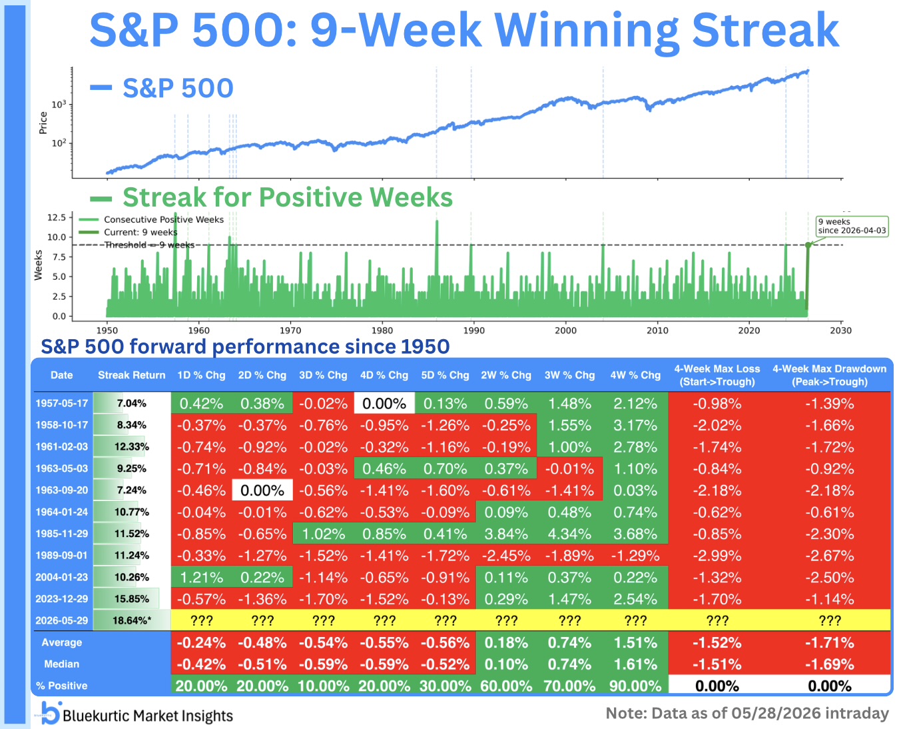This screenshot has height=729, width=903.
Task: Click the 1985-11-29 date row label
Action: [62, 534]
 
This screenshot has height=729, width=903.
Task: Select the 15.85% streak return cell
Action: [131, 599]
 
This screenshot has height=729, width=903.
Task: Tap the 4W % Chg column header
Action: [635, 375]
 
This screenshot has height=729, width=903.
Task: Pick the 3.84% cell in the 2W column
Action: [506, 534]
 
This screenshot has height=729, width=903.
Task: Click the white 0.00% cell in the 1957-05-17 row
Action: [384, 404]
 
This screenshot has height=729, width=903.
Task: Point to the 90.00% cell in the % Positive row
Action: [635, 686]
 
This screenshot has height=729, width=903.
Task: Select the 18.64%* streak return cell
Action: [131, 620]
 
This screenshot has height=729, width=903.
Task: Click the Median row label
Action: [62, 664]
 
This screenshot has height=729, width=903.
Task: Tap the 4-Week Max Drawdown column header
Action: [829, 375]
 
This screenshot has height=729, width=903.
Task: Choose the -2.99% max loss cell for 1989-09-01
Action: [717, 556]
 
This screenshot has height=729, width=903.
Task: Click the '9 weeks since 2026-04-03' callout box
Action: [852, 227]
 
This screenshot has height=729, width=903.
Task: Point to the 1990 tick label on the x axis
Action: [473, 331]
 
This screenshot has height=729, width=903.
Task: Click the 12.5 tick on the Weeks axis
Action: [57, 217]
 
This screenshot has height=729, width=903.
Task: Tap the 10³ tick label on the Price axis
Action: [59, 104]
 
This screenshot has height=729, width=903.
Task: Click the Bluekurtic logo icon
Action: [50, 712]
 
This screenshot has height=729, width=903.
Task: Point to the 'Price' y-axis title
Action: [43, 123]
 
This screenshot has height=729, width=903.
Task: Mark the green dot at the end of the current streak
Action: [808, 245]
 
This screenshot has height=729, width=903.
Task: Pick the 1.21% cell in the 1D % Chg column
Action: [201, 578]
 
